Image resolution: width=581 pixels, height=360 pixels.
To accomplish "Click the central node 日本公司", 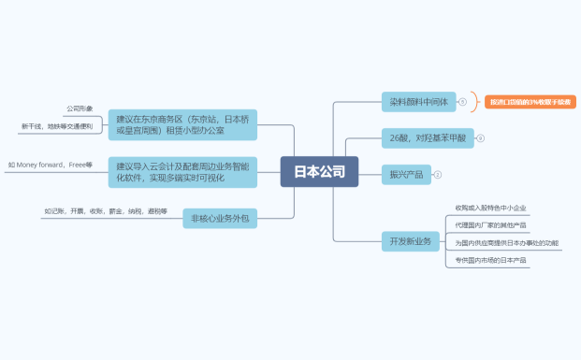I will pos(319,171).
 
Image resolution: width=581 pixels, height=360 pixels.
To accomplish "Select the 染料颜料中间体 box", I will pos(418,100).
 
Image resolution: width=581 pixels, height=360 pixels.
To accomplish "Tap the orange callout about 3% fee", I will pos(530,101).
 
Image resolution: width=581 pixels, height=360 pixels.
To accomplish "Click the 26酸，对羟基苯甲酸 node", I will pos(427,137).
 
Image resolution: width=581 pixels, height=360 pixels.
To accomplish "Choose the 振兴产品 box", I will pos(405,174).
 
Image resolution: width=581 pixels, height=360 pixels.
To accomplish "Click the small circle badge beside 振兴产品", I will pos(437,174).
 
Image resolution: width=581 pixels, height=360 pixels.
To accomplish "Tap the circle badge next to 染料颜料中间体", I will pos(462,100).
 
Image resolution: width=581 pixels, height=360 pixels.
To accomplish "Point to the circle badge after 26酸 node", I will pos(480,137).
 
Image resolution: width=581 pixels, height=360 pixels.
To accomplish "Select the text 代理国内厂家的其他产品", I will pos(491,224).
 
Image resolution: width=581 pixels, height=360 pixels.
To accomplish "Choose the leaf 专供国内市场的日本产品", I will pos(491,260).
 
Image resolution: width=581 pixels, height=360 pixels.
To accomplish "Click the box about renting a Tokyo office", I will pos(182,124).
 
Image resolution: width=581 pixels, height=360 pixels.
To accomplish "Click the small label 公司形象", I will pos(79,108).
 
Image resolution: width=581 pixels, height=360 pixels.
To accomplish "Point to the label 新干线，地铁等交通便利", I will pos(56,125).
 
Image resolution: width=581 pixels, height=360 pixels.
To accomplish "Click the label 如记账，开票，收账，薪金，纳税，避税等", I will pos(105,210).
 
